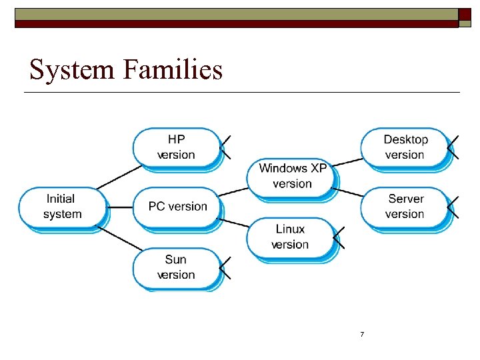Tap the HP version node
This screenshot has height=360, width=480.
176,147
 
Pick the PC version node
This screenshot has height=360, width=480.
177,207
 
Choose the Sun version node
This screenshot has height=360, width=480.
176,267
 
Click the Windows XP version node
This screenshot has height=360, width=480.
292,177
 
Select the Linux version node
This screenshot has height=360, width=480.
290,237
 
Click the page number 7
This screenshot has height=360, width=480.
362,334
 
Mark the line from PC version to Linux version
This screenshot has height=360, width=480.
233,223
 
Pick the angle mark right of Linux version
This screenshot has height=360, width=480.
338,237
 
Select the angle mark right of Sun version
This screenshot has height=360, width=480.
225,267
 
